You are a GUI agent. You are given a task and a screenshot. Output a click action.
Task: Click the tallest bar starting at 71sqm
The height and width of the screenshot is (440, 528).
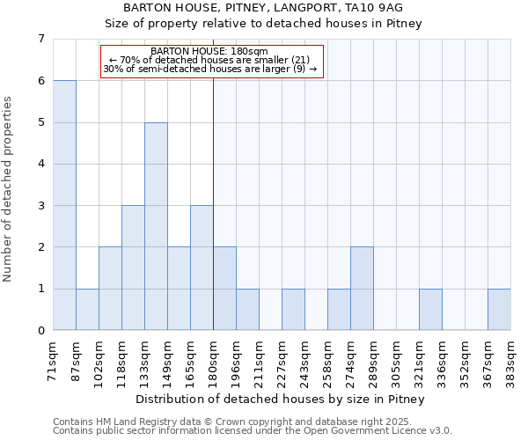pyautogui.click(x=64, y=205)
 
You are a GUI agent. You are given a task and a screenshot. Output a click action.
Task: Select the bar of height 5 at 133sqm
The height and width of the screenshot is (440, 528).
pyautogui.click(x=156, y=226)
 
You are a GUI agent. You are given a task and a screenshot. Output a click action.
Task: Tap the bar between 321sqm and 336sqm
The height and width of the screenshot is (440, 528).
pyautogui.click(x=430, y=309)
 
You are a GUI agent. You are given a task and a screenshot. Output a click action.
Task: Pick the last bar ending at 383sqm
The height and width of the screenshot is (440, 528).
pyautogui.click(x=499, y=309)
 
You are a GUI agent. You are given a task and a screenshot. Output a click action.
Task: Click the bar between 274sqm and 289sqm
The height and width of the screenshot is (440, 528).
pyautogui.click(x=362, y=289)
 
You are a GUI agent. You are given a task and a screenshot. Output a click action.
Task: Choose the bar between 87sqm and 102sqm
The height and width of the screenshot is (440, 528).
pyautogui.click(x=87, y=309)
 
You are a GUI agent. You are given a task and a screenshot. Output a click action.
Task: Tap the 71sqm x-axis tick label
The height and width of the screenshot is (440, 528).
pyautogui.click(x=54, y=360)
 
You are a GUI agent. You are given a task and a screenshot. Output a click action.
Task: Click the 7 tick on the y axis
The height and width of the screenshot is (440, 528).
pyautogui.click(x=40, y=39)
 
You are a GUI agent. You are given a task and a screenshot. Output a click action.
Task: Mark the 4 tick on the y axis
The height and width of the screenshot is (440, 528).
pyautogui.click(x=40, y=164)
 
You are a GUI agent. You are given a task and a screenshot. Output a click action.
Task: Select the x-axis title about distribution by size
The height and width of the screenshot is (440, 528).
pyautogui.click(x=282, y=400)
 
